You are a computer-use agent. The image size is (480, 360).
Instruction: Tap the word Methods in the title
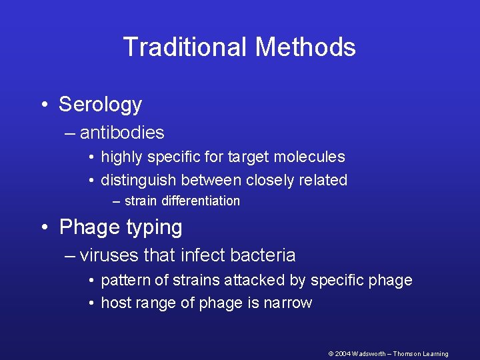click(305, 47)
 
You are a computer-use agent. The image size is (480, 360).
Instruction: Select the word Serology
click(100, 105)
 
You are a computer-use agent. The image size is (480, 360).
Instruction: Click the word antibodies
click(122, 133)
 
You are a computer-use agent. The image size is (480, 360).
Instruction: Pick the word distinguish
click(138, 180)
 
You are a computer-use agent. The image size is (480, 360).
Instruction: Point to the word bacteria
click(263, 255)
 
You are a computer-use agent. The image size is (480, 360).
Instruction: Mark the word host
click(117, 303)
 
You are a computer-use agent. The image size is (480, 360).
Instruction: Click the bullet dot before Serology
click(43, 105)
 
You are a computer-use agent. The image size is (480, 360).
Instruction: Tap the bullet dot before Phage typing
click(43, 228)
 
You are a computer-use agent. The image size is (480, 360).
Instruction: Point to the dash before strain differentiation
click(117, 201)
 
